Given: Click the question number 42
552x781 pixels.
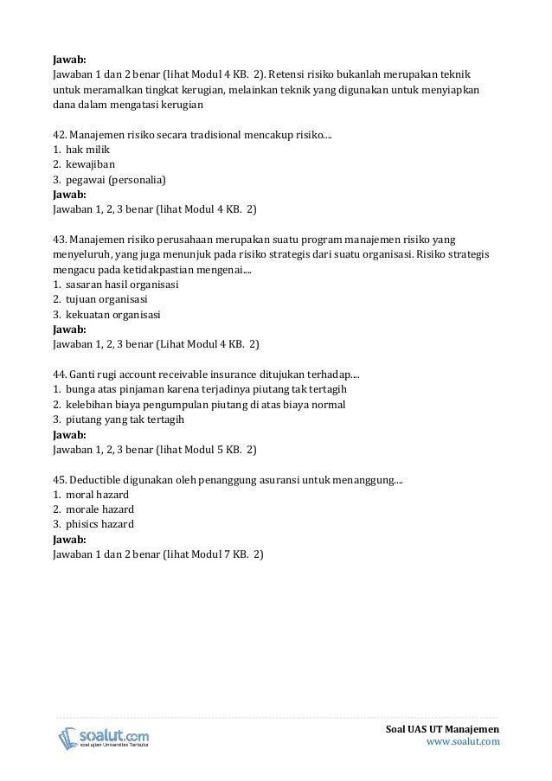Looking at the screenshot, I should (x=59, y=135).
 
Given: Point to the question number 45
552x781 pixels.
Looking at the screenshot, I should (x=59, y=479).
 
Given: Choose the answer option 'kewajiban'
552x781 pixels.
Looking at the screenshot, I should (x=91, y=164).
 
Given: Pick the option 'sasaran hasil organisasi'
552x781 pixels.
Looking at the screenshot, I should (x=122, y=284).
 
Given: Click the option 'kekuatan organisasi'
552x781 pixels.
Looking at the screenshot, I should (x=112, y=314).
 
